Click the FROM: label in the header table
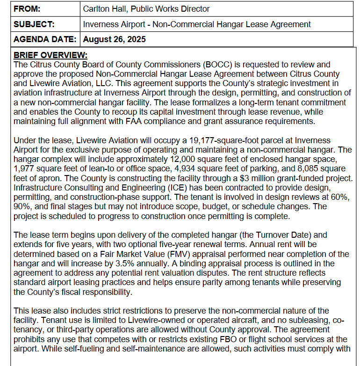[28, 9]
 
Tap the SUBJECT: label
[34, 24]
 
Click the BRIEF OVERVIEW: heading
[50, 55]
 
